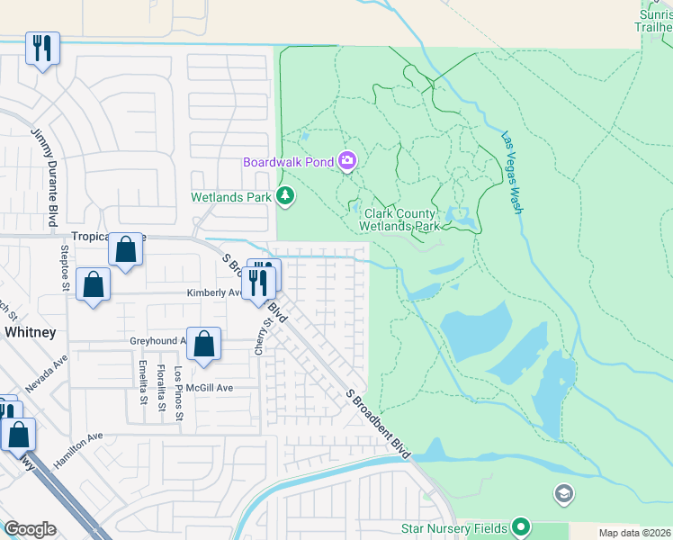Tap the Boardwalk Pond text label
click(287, 162)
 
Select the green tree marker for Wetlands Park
click(285, 195)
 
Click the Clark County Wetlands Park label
click(401, 220)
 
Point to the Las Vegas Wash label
click(517, 174)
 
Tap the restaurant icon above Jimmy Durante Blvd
click(42, 48)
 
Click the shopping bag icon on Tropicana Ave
click(126, 248)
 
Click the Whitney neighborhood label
click(30, 332)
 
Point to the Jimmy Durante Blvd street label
click(43, 177)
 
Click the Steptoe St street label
click(65, 267)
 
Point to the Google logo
click(30, 529)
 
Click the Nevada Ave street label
click(47, 373)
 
